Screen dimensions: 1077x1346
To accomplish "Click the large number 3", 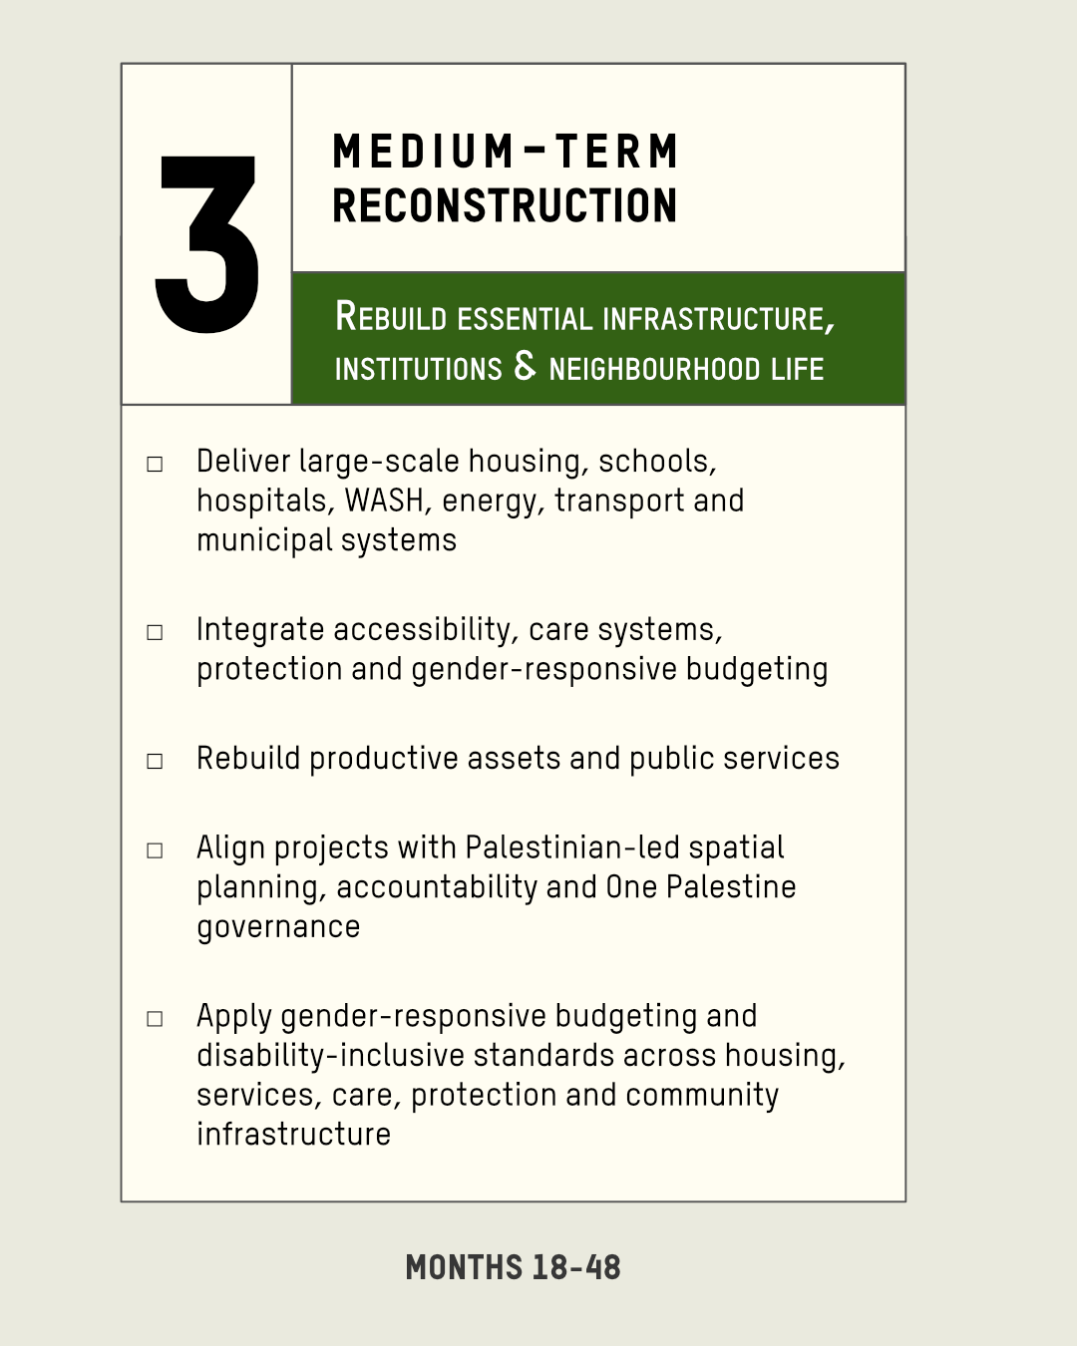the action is click(207, 244).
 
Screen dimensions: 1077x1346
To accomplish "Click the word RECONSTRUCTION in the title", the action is click(505, 205).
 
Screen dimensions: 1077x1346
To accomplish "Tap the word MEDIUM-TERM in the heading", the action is click(505, 152).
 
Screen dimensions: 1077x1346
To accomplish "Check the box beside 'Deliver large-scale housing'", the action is click(155, 464).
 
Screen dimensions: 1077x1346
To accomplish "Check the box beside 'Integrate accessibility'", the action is click(155, 632).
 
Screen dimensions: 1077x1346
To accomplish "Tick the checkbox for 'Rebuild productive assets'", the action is click(155, 761).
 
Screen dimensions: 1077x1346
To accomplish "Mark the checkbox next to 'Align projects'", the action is click(155, 850).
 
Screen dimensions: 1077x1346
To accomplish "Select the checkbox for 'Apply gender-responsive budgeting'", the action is click(155, 1019).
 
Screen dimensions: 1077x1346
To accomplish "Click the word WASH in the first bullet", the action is click(384, 501).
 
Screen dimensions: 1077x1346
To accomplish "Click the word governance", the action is click(278, 927).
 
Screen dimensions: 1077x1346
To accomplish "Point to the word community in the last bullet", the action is click(701, 1096).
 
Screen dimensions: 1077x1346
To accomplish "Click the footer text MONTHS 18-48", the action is click(514, 1267).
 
